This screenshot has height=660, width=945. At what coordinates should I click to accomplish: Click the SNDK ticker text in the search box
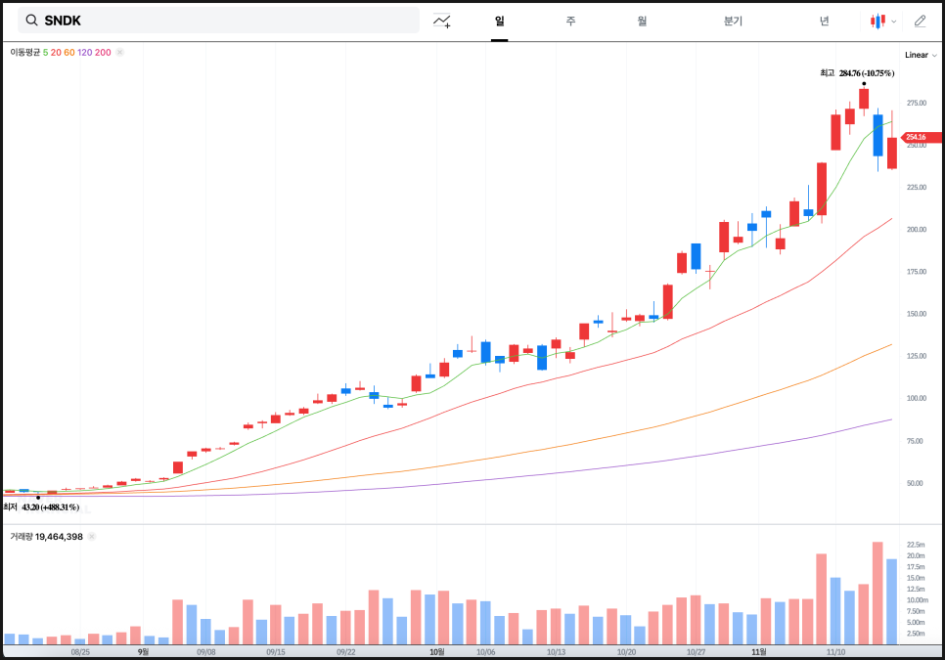coord(63,21)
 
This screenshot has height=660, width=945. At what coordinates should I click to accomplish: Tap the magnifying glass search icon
coord(31,21)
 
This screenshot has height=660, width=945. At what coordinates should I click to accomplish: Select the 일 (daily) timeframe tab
coord(499,21)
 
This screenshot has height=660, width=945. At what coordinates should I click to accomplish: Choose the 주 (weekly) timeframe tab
coord(570,21)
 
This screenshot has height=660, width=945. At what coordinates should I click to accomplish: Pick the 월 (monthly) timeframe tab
coord(642,21)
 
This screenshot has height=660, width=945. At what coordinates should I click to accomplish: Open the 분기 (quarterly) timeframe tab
coord(733,21)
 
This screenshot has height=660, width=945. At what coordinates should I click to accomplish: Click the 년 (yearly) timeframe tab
coord(825,21)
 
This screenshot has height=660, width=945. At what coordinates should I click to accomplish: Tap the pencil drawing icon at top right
coord(920,21)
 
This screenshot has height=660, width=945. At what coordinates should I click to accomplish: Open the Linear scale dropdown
coord(921,55)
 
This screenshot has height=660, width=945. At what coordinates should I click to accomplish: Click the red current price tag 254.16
coord(921,138)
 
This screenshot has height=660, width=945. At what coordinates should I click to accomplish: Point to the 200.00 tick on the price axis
coord(917,230)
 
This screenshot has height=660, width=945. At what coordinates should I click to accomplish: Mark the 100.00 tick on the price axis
coord(917,399)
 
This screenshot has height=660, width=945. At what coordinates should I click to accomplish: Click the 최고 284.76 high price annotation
coord(857,72)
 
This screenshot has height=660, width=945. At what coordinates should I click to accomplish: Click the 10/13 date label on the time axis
coord(557,651)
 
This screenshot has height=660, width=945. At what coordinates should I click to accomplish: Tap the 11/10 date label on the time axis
coord(836,651)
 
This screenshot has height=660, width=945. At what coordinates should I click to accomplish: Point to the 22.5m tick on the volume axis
coord(917,545)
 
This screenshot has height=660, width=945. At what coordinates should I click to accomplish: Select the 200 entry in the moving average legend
coord(103,52)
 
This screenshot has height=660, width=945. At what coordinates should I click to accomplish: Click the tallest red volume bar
coord(877,593)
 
